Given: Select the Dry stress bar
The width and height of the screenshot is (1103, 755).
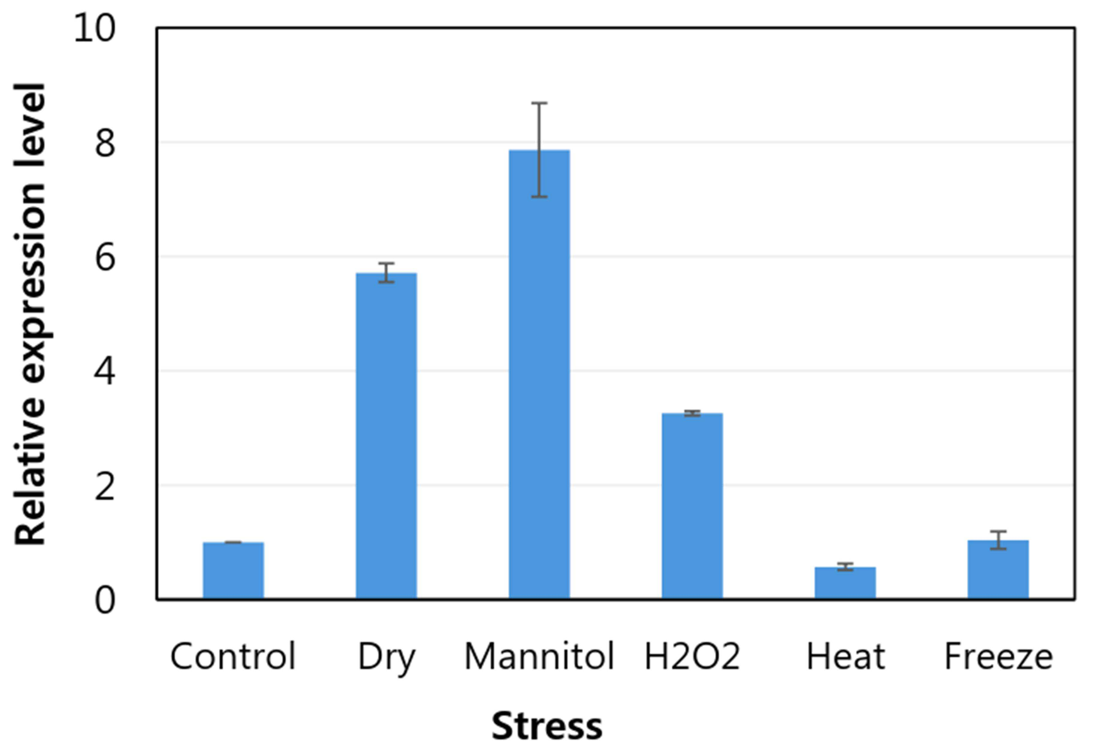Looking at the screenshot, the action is [386, 436].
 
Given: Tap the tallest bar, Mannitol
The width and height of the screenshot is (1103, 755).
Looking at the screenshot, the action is [539, 375].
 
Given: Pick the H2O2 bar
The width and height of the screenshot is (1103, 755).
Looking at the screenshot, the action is [692, 506].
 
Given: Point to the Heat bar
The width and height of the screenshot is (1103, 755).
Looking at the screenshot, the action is [845, 583].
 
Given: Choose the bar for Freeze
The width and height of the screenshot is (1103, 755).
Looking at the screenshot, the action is [998, 570].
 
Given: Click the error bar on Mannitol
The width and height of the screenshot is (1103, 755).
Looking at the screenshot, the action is [539, 150].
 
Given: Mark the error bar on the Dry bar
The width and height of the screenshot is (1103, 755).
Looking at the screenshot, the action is [386, 272].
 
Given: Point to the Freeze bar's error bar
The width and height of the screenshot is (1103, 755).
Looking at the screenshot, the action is [998, 540].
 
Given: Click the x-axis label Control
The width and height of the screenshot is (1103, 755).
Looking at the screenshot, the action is [233, 656].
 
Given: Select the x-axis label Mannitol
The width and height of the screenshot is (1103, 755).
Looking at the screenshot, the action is [539, 656].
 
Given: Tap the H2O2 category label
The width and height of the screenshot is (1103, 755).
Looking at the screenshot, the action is [692, 656].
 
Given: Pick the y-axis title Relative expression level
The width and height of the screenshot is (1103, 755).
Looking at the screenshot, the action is [30, 314].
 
